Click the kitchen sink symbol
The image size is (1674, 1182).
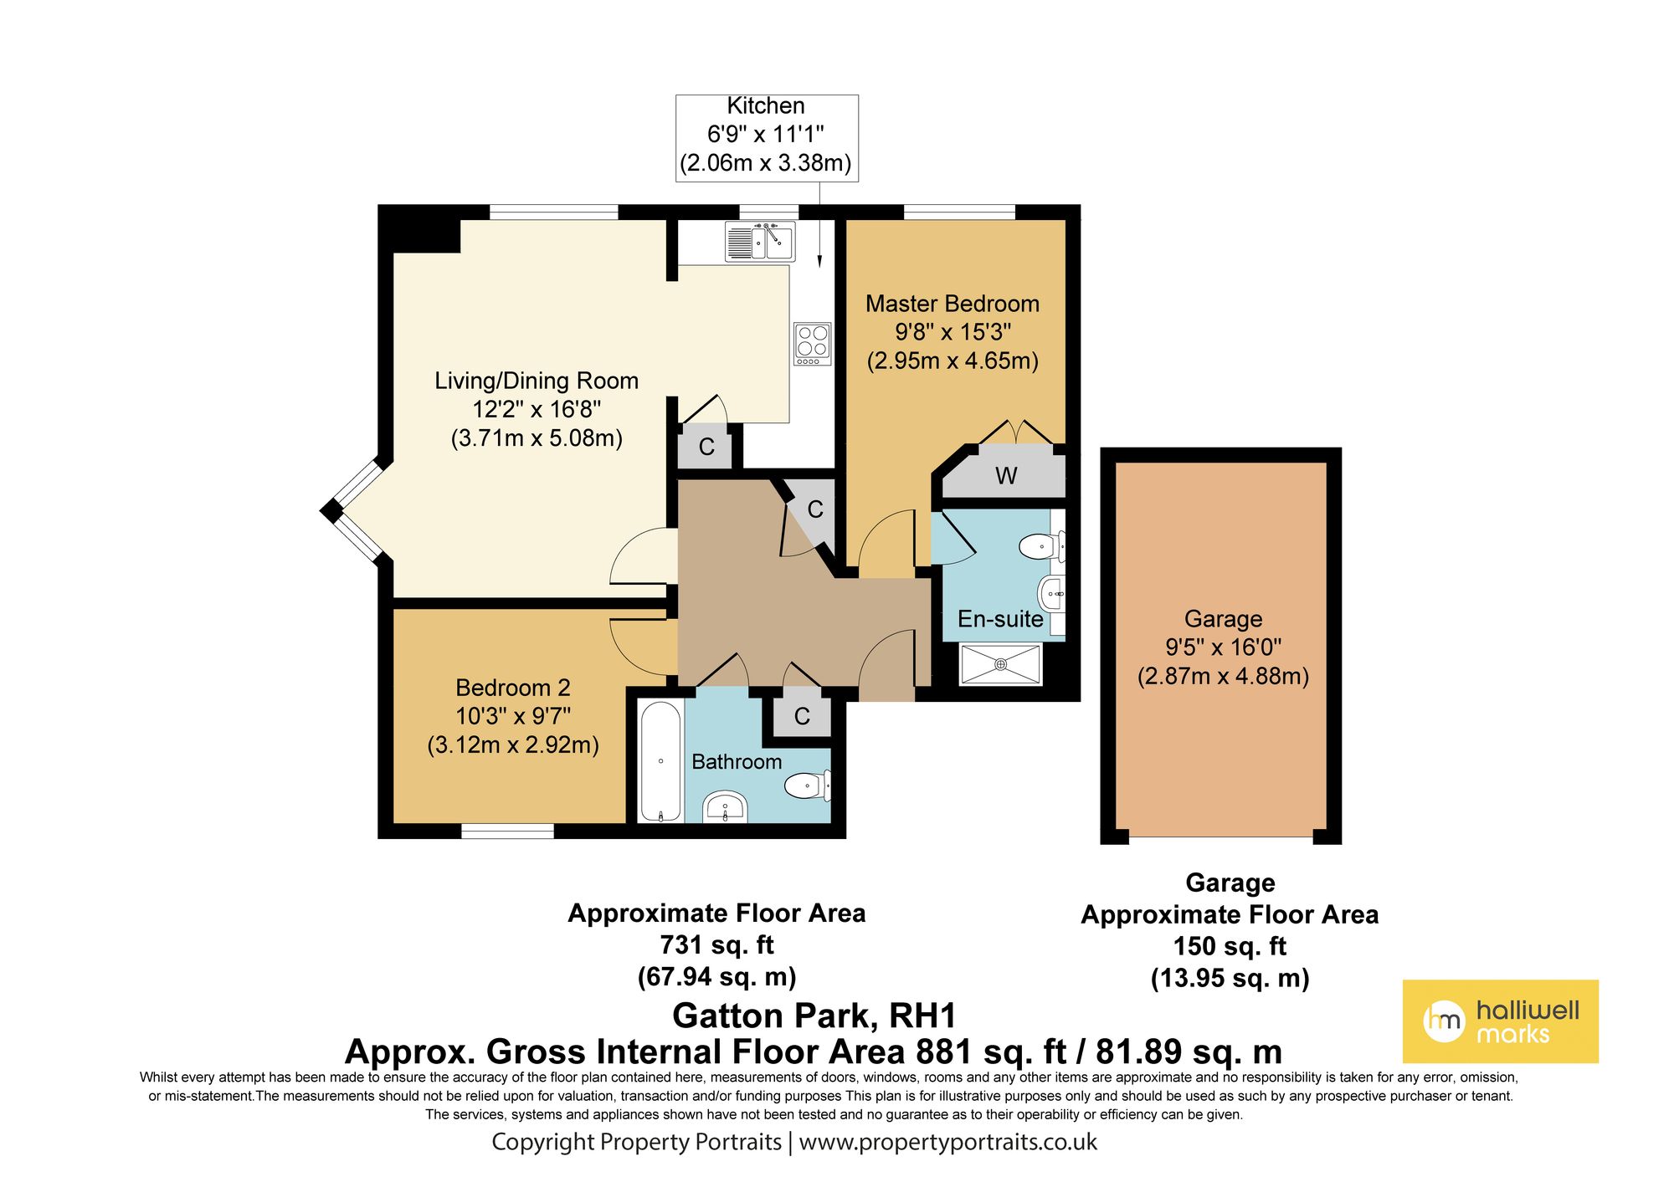point(760,242)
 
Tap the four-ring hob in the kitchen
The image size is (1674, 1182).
point(812,343)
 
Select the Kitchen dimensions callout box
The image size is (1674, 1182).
point(767,137)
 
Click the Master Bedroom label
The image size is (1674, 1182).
point(953,304)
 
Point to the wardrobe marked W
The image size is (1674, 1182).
point(1005,476)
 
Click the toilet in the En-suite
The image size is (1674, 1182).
point(1041,546)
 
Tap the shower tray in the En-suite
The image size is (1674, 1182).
point(1000,664)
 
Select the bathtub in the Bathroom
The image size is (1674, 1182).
point(660,762)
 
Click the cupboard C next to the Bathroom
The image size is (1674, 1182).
point(802,716)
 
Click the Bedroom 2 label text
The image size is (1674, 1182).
point(513,688)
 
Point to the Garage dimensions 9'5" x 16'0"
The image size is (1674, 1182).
point(1223,647)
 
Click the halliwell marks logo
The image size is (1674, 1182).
point(1500,1021)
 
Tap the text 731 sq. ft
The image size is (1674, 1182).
point(716,945)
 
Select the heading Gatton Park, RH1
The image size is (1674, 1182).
point(814,1016)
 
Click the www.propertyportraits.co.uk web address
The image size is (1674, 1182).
point(947,1143)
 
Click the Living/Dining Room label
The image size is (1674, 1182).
point(537,381)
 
